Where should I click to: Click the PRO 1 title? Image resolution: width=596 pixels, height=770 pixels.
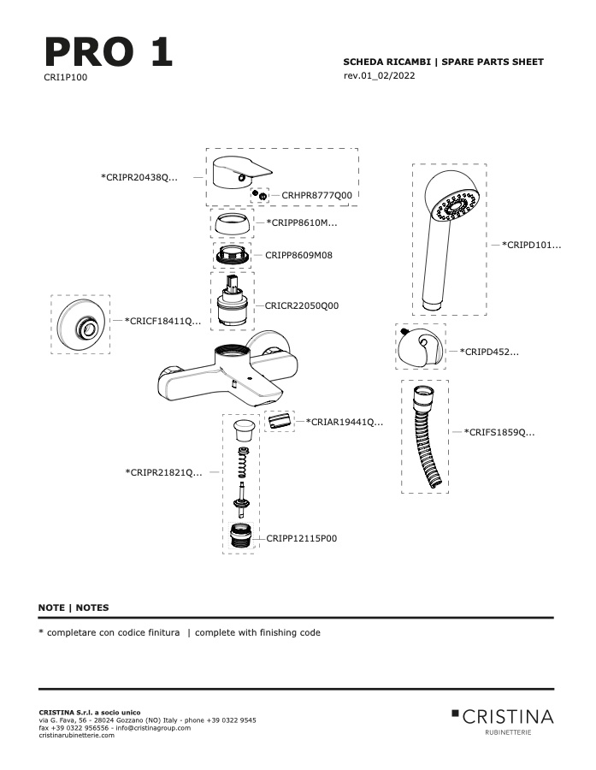[x=109, y=51]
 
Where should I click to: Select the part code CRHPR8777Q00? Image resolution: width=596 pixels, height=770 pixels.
[x=316, y=195]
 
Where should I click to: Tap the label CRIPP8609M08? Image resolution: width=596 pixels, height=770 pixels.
[x=298, y=255]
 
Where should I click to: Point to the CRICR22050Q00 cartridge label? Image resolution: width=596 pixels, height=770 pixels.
[x=302, y=305]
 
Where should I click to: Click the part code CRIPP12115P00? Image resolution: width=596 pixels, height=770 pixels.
[x=302, y=539]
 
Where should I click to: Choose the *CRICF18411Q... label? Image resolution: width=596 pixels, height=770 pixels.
[x=162, y=321]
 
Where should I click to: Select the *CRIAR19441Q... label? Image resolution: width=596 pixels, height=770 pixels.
[x=344, y=422]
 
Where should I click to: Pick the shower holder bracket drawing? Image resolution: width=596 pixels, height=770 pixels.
[x=420, y=346]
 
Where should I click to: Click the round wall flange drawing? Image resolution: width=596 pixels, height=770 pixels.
[x=80, y=324]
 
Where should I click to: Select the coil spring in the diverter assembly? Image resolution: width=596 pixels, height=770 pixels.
[x=243, y=463]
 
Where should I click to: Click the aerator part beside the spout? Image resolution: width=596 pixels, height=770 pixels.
[x=280, y=421]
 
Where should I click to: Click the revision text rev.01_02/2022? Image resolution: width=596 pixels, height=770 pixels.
[x=379, y=75]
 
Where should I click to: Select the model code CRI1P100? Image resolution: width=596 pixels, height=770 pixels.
[x=65, y=77]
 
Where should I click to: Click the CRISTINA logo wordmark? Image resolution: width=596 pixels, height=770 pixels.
[x=503, y=717]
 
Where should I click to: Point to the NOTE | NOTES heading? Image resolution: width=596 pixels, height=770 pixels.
[x=74, y=607]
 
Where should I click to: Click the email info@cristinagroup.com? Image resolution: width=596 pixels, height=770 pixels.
[x=153, y=728]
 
